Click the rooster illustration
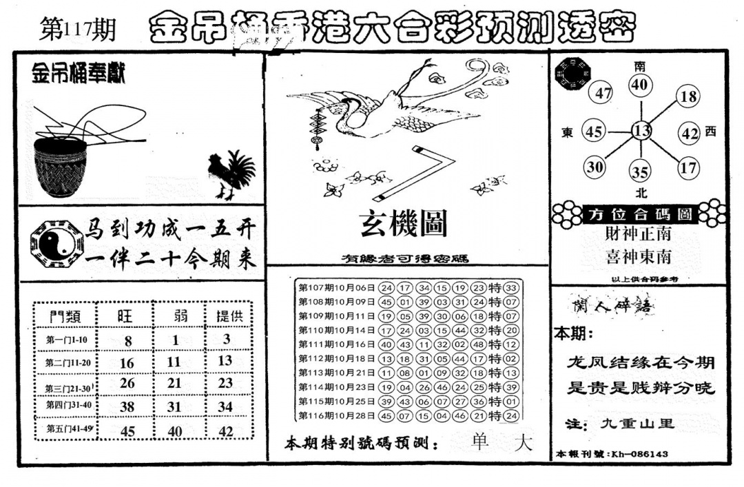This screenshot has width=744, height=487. point(231,174)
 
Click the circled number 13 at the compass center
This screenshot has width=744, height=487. point(641,131)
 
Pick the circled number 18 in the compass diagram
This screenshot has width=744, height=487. point(688,96)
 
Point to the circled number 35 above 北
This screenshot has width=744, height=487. point(641,172)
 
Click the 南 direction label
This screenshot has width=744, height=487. point(640,66)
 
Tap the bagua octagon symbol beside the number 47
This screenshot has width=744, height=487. point(572,74)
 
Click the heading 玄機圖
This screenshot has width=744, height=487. point(403,224)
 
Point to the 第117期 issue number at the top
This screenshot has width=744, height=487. point(78,30)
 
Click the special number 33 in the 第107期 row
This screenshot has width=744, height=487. point(510,288)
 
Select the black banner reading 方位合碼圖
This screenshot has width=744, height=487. point(640,214)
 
